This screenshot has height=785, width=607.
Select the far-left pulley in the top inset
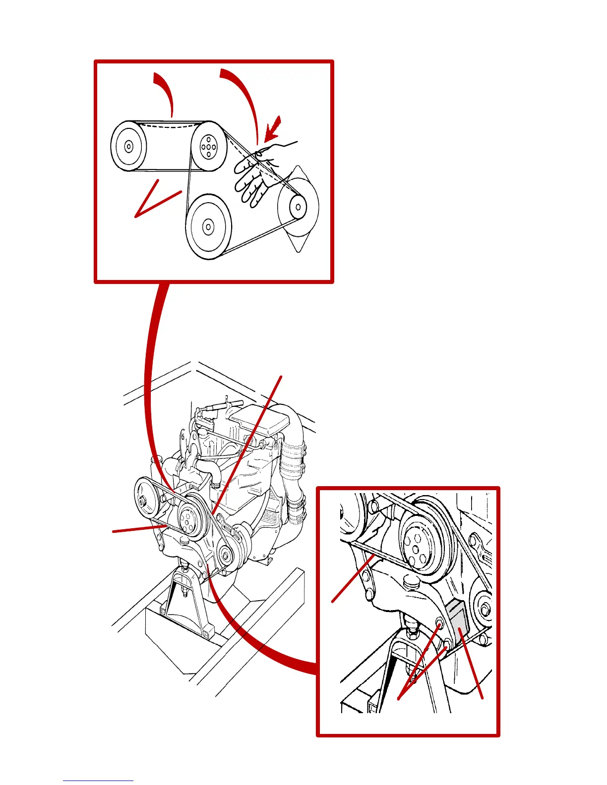click(128, 147)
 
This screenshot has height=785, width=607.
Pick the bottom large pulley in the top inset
click(209, 227)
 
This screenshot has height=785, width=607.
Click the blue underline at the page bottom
click(98, 781)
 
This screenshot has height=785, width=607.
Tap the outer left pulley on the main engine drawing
click(145, 501)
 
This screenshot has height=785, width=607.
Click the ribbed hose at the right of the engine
click(293, 458)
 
